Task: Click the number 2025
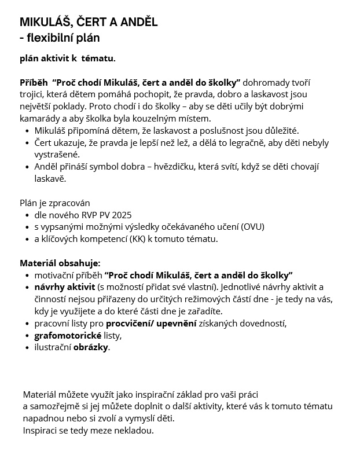coord(120,215)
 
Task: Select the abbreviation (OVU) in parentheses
coord(252,227)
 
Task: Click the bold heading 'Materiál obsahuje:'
coord(60,263)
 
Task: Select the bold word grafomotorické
coord(67,336)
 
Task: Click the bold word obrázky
coord(90,347)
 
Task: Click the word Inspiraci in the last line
coord(42,430)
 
